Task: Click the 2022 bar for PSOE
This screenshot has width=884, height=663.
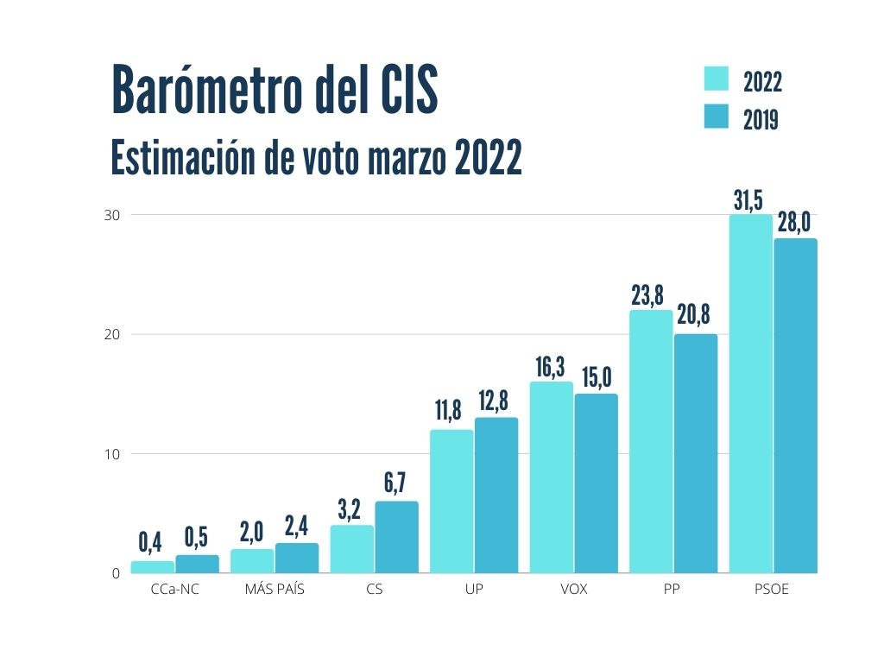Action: click(751, 394)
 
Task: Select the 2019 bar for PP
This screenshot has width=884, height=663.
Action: click(696, 453)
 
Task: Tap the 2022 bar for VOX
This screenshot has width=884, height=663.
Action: click(551, 477)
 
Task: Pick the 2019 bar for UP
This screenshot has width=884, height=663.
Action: click(496, 495)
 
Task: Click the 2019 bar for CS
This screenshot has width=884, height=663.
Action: click(396, 537)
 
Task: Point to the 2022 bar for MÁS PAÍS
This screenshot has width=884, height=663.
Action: click(252, 560)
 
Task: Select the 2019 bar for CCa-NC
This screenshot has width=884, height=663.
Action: click(198, 564)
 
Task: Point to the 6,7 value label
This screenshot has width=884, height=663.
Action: click(395, 484)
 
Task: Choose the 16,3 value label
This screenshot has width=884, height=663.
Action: click(549, 367)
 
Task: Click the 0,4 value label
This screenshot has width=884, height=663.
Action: click(150, 543)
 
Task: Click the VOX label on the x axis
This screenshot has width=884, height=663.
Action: click(573, 590)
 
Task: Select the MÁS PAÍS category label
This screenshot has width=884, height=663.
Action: click(275, 590)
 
